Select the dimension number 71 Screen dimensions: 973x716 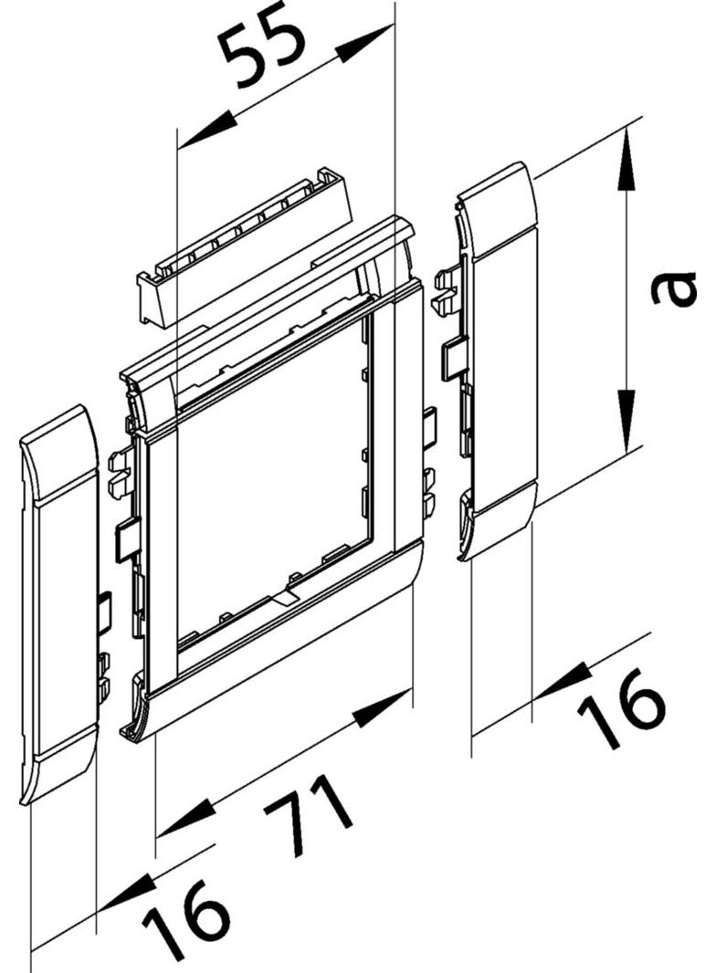[306, 820]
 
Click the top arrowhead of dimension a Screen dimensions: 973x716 [625, 164]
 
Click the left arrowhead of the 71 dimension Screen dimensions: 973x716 [183, 821]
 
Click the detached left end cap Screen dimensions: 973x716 [59, 602]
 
